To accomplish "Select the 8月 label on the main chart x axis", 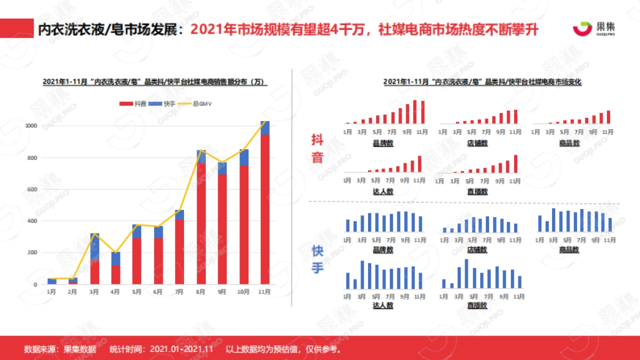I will pos(201,292).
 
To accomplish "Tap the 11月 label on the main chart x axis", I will pos(265,292).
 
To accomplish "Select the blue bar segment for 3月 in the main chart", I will pos(94,246).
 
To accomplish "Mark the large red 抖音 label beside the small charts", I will pos(317,149).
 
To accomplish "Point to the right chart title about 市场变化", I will pos(482,82).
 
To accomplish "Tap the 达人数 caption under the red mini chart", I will pos(382,191).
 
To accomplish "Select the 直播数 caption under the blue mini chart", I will pos(477,306).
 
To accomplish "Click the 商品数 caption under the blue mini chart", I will pos(569,250).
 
